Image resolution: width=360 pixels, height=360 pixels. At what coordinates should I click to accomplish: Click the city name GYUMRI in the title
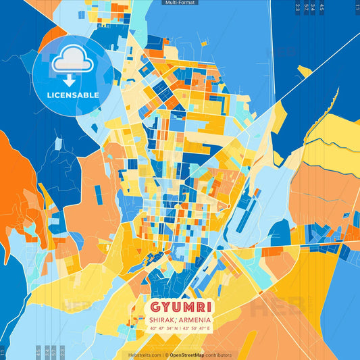pyautogui.click(x=180, y=305)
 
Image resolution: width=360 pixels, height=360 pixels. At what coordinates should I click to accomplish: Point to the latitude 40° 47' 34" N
pyautogui.click(x=162, y=328)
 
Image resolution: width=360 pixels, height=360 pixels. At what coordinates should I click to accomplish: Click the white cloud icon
pyautogui.click(x=72, y=60)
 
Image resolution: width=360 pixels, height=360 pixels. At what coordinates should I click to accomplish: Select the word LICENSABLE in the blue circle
pyautogui.click(x=72, y=95)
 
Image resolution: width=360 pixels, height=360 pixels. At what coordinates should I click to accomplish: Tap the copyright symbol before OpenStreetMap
pyautogui.click(x=166, y=355)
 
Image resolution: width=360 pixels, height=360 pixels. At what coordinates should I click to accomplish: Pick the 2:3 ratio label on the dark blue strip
pyautogui.click(x=298, y=7)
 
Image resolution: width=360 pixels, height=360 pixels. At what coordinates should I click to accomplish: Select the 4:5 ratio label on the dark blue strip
pyautogui.click(x=322, y=7)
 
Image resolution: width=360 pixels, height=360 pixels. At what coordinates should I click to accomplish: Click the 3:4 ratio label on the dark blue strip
pyautogui.click(x=313, y=7)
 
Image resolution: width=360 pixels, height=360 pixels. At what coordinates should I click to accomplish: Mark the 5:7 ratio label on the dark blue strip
pyautogui.click(x=306, y=7)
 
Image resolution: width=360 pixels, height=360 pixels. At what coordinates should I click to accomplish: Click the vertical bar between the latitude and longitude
pyautogui.click(x=180, y=328)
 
